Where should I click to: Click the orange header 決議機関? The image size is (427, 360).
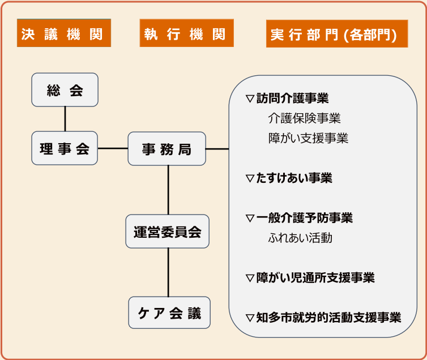63,34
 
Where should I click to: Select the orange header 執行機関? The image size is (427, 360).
186,34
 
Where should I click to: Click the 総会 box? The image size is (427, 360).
65,90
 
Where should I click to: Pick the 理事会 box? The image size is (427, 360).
65,148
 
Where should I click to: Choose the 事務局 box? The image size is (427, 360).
166,149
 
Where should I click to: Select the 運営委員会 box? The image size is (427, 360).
168,232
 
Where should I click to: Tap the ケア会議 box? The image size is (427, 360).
169,312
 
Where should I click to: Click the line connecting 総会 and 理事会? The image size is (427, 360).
65,119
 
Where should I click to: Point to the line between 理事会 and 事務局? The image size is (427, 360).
113,148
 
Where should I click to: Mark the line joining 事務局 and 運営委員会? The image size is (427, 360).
168,190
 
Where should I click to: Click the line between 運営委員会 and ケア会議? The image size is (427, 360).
168,272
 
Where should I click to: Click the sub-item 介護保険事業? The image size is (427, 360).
304,118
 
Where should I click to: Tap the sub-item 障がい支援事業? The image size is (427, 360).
308,138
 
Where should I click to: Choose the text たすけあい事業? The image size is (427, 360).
294,178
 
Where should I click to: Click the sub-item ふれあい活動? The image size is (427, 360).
300,238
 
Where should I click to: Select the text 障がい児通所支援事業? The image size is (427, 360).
315,278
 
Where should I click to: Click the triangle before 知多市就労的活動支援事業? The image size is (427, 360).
250,318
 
